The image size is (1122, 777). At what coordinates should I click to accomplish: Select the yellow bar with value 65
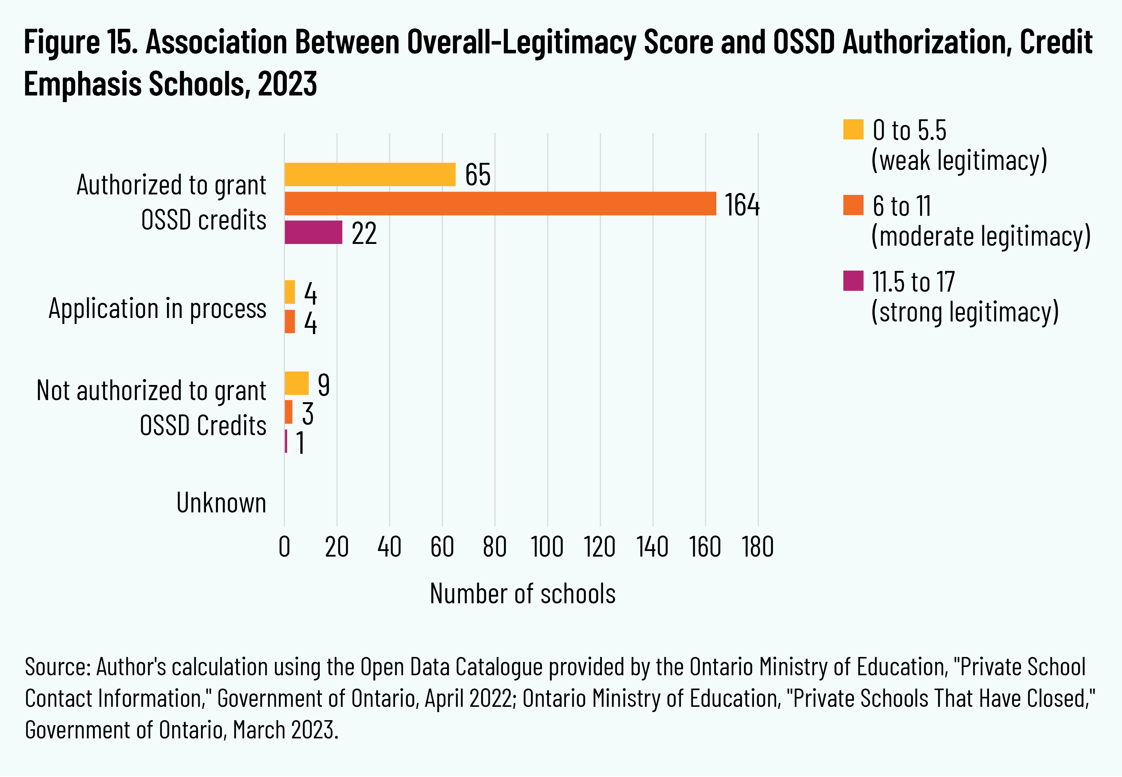pos(370,174)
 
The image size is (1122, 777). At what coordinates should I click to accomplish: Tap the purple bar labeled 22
pos(313,232)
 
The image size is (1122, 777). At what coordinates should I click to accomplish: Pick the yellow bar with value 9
pos(297,383)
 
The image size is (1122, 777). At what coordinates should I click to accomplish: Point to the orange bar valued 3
pos(288,412)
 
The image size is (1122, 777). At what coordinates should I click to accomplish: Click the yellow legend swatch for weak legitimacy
pos(853,129)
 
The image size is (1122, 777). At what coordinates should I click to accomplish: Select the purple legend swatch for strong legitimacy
pos(853,281)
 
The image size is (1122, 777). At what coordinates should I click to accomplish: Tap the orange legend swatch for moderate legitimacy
pos(853,205)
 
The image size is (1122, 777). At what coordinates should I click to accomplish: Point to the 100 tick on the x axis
pos(547,547)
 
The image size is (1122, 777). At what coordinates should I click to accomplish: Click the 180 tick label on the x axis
pos(757,547)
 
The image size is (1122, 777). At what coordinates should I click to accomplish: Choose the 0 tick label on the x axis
pos(284,547)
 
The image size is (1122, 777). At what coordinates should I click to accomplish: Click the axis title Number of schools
pos(522,594)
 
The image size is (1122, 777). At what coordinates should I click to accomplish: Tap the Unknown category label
pos(221,503)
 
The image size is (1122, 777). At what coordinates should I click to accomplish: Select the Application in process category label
pos(157,308)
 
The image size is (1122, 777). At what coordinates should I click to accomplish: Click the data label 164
pos(742,205)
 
